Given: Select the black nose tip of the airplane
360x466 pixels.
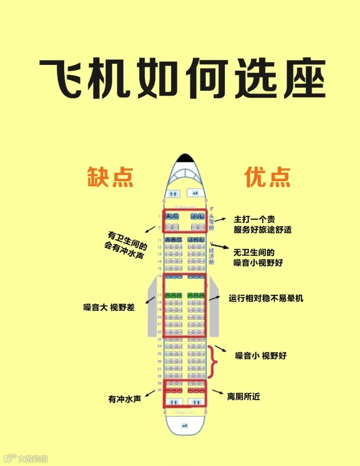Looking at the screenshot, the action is (x=185, y=158).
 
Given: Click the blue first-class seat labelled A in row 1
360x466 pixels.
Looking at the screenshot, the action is (x=168, y=217).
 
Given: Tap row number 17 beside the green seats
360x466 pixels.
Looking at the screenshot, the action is (x=160, y=295).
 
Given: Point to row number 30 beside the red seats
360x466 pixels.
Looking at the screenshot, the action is (x=160, y=391).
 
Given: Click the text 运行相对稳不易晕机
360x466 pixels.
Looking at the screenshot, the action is (x=265, y=298).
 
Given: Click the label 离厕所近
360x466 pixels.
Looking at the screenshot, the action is (x=244, y=396).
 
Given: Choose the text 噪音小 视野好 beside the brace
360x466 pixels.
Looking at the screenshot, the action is (x=261, y=355).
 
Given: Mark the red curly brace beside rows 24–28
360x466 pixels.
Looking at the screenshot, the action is (x=213, y=361).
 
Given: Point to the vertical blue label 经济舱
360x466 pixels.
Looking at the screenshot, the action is (x=212, y=255).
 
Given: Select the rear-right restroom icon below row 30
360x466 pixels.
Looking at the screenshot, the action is (x=196, y=403).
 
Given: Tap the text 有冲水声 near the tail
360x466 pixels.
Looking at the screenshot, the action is (x=124, y=399).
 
